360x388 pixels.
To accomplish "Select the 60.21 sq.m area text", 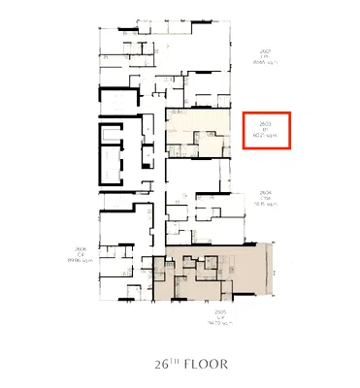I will (x=265, y=138).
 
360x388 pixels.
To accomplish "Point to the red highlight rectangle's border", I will (x=244, y=131).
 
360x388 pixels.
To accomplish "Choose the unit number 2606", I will (x=73, y=248).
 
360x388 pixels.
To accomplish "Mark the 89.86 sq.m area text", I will (x=73, y=261).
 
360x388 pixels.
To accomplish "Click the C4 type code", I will (x=73, y=254).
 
